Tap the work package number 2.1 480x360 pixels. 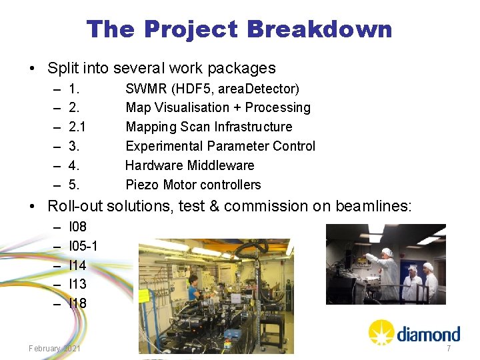(x=78, y=127)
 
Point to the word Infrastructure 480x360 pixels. (x=256, y=127)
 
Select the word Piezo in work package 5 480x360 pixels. (x=141, y=185)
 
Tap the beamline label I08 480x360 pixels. (x=78, y=227)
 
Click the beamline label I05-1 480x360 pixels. (x=83, y=246)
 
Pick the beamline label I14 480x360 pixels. (x=77, y=265)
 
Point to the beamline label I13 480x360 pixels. (x=77, y=284)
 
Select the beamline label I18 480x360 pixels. (x=77, y=303)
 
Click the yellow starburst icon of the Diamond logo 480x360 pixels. (x=382, y=332)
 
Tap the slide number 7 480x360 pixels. (x=449, y=349)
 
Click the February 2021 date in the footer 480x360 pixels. (x=55, y=349)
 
